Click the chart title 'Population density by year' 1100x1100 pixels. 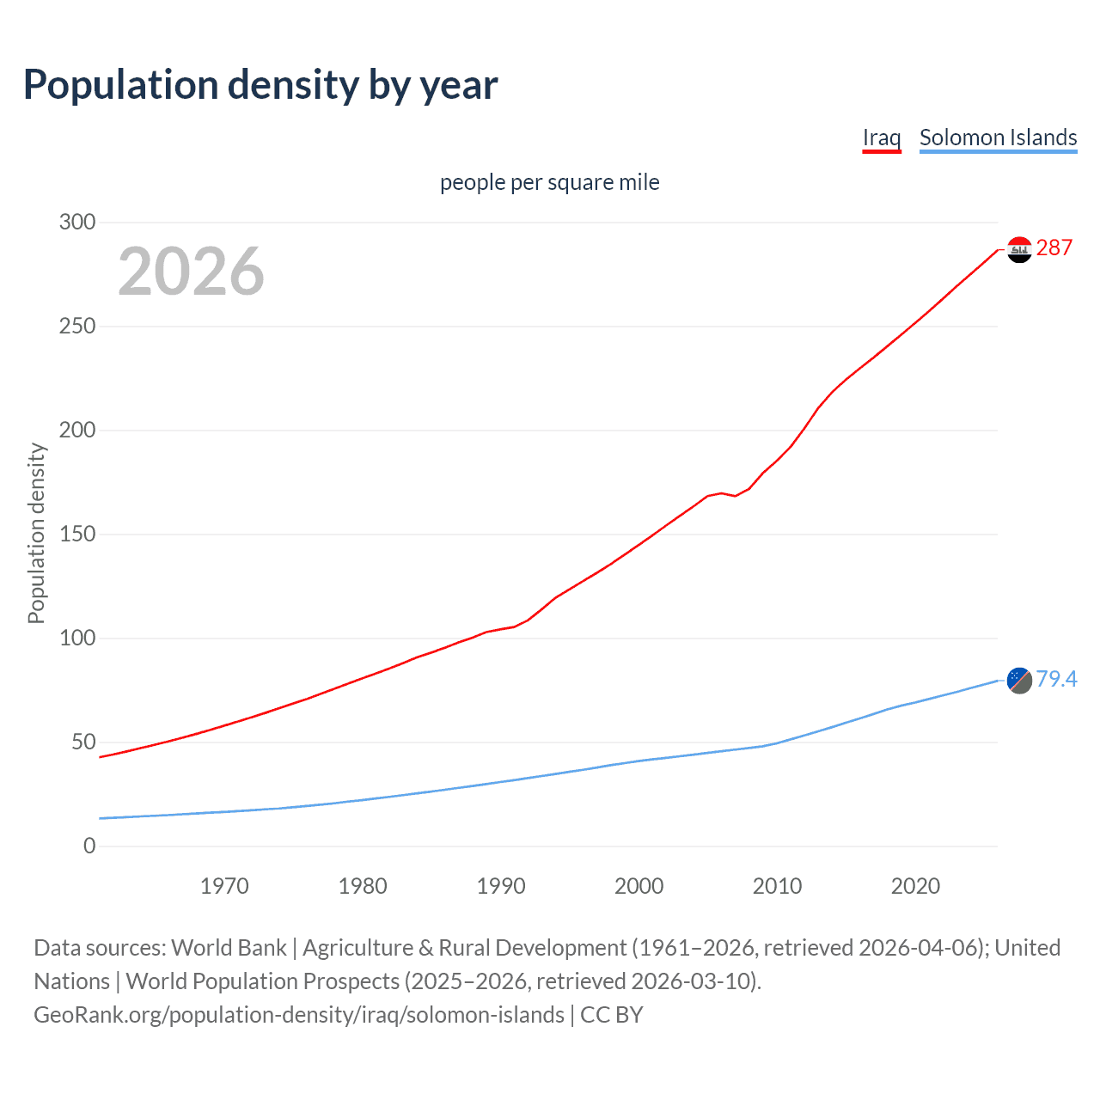coord(260,85)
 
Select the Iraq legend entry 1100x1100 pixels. coord(882,137)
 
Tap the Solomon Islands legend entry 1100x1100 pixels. coord(998,137)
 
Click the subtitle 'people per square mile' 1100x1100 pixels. coord(549,183)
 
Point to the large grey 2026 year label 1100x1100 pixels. coord(191,272)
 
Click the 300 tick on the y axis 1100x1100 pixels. coord(77,223)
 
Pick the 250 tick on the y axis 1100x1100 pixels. coord(77,327)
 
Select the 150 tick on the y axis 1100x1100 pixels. coord(77,535)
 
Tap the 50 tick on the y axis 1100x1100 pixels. coord(83,742)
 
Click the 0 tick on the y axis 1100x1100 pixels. coord(89,846)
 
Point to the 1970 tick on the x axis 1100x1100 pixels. coord(224,886)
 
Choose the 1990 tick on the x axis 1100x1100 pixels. coord(501,886)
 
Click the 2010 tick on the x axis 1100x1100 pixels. coord(777,886)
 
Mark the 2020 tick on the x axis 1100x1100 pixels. coord(915,886)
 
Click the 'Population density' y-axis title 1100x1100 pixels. coord(36,533)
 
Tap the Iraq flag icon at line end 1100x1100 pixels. coord(1019,250)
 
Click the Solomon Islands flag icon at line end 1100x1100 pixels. coord(1019,680)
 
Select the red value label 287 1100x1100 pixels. coord(1054,248)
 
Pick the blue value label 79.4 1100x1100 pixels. coord(1056,680)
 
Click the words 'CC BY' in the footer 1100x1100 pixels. coord(612,1015)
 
